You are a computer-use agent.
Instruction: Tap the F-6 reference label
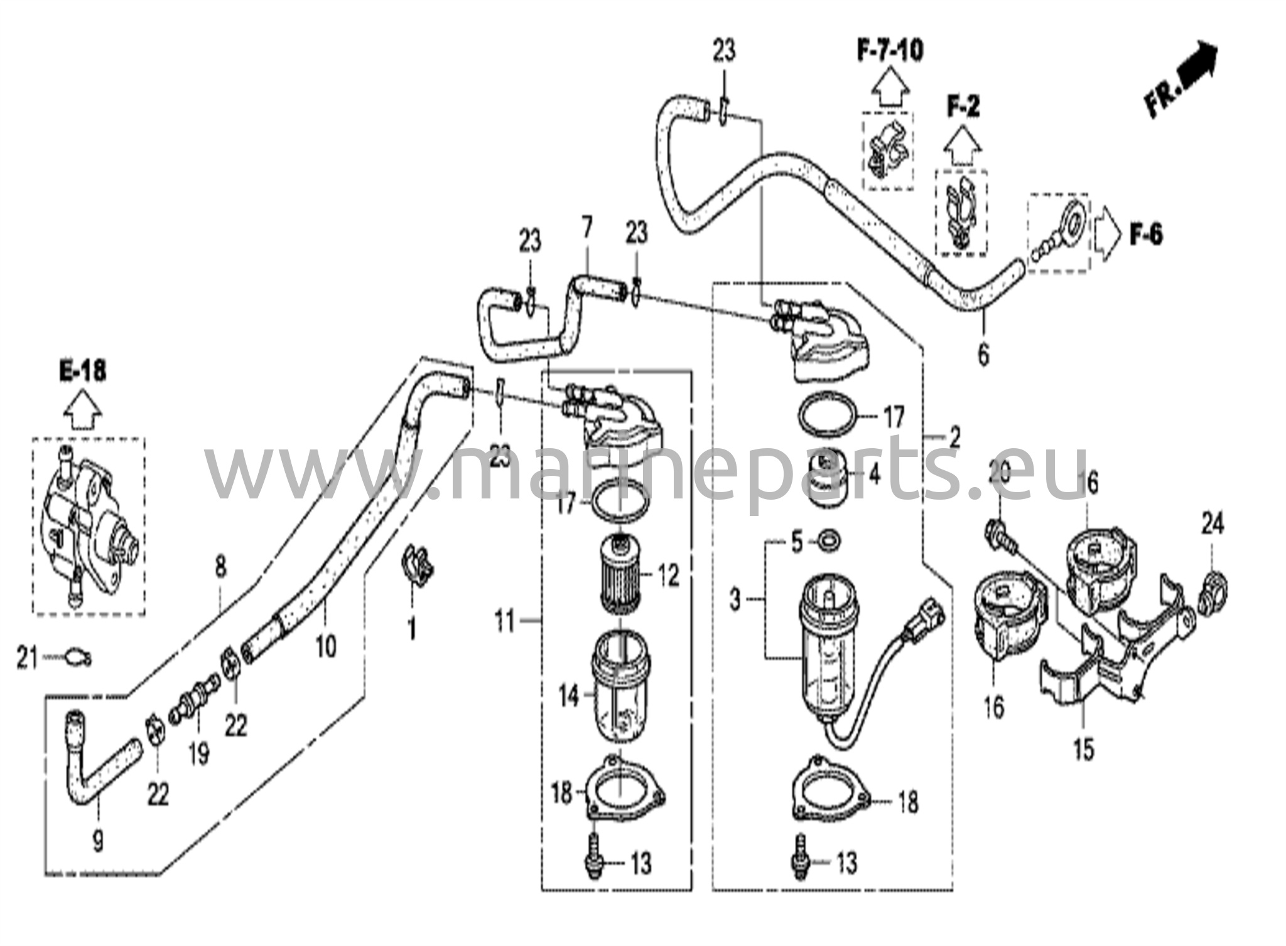coord(1146,235)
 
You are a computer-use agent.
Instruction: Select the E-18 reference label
coord(83,372)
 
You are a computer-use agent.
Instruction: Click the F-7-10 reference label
coord(890,50)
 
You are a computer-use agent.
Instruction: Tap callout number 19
coord(198,753)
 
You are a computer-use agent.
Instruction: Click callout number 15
coord(1084,749)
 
